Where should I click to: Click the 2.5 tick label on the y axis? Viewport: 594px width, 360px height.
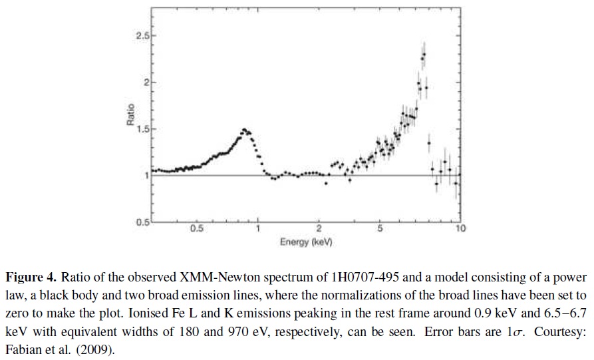[x=142, y=35]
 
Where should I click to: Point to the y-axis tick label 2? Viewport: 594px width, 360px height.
[x=145, y=82]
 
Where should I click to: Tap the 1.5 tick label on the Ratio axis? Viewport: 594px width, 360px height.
[x=142, y=128]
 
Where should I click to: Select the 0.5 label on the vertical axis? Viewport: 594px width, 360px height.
[x=142, y=222]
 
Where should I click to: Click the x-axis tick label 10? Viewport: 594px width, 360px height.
[x=460, y=229]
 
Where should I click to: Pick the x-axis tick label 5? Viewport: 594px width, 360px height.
[x=379, y=229]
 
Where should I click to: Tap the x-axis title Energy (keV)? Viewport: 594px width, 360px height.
[x=306, y=242]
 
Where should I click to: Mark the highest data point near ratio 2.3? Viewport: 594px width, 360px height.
[x=424, y=55]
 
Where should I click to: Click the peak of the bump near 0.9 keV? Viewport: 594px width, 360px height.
[x=244, y=130]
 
